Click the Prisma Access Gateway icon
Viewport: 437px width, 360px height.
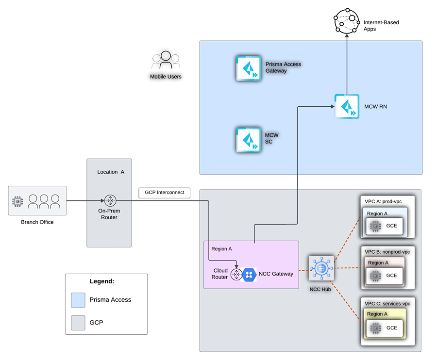[x=249, y=68]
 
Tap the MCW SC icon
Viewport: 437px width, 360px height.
[x=249, y=140]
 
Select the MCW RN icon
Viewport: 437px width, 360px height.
[x=347, y=106]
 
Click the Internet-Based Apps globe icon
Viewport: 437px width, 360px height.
[x=347, y=21]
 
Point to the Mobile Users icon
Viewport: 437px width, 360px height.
[x=166, y=60]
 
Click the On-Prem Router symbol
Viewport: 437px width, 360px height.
[x=110, y=200]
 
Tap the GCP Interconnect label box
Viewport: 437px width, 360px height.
[x=165, y=193]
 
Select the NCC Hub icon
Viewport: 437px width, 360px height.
[x=321, y=268]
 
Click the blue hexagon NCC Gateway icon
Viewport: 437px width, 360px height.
[x=249, y=275]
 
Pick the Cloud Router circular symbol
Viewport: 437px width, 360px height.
[x=236, y=275]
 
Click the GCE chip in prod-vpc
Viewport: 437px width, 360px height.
[x=375, y=226]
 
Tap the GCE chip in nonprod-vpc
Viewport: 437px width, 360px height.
[x=375, y=276]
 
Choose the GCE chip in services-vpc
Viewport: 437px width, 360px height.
[x=376, y=328]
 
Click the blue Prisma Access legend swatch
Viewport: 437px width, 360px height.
[x=78, y=300]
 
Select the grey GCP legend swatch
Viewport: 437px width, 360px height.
[x=78, y=323]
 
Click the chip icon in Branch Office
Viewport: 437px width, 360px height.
[x=17, y=201]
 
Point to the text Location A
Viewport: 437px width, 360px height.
[x=111, y=172]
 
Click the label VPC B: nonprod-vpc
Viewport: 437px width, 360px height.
[x=387, y=252]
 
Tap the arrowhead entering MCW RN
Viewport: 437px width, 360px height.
[x=333, y=106]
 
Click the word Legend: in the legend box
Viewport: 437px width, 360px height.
[x=102, y=281]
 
